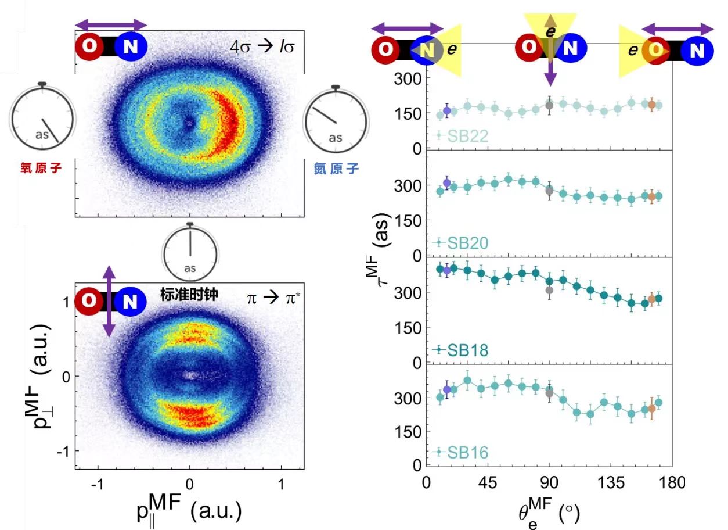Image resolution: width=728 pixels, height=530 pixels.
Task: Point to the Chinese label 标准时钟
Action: [189, 295]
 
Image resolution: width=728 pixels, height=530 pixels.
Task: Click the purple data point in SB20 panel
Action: [446, 183]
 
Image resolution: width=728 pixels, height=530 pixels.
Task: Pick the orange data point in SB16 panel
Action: [651, 409]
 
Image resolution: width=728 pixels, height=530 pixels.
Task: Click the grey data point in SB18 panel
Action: [549, 291]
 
